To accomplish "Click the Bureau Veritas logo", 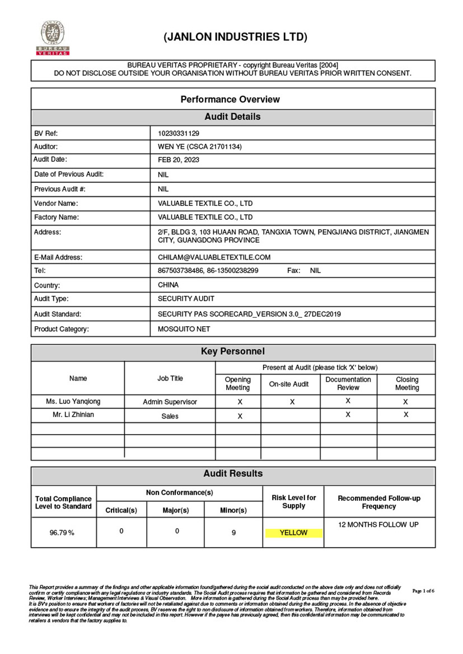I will click(x=53, y=37).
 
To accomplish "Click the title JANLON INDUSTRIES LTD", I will click(x=235, y=37).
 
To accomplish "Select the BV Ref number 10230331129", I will click(x=179, y=134).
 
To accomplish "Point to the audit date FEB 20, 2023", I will click(x=179, y=160).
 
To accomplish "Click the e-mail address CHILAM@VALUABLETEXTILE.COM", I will click(x=214, y=257).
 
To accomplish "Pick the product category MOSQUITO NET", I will click(x=184, y=329).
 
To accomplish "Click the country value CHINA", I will click(x=169, y=285).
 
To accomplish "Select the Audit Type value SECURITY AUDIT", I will click(x=186, y=299).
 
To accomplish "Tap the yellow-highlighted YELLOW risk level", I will click(x=293, y=533).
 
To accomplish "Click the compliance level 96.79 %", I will click(x=62, y=533).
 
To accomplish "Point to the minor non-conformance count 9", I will click(x=233, y=533).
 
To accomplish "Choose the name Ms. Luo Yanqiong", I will click(x=73, y=401).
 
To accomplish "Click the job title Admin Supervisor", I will click(x=170, y=402).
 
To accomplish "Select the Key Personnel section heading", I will click(x=233, y=352).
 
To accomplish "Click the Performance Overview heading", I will click(x=230, y=100).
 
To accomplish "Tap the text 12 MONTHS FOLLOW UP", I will click(x=378, y=525).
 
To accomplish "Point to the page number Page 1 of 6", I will click(x=423, y=591).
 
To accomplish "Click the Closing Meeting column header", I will click(x=406, y=383).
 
